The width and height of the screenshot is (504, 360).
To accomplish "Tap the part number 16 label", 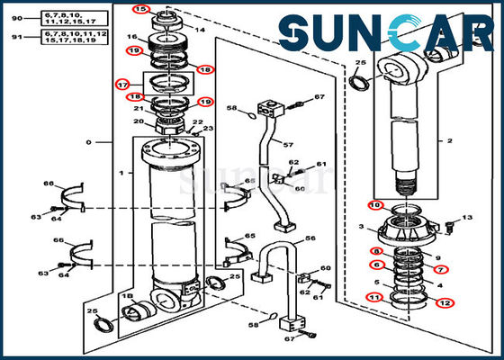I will click(131, 37).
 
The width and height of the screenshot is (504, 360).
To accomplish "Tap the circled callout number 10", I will click(373, 206).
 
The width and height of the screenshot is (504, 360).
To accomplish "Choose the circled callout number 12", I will click(445, 302).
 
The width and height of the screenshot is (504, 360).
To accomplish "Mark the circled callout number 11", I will click(372, 296).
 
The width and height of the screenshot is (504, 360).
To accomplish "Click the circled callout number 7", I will click(441, 269).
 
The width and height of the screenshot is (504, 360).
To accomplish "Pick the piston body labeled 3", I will click(409, 229).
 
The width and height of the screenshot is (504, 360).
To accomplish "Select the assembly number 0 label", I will click(87, 143).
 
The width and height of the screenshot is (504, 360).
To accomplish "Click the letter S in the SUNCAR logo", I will click(297, 35).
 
